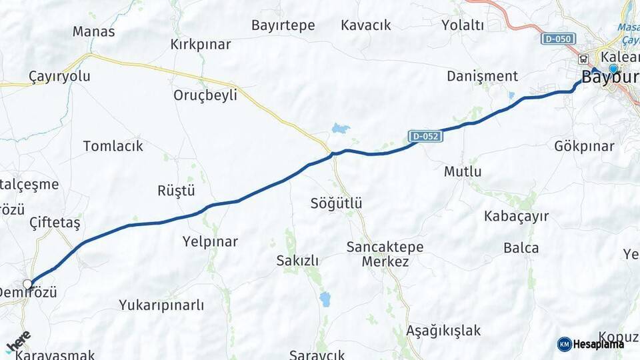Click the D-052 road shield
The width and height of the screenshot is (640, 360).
(x=425, y=137)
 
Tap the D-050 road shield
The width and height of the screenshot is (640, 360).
(x=557, y=39)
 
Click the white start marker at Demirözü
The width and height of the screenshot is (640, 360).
(x=28, y=284)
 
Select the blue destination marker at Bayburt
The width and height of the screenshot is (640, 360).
(x=613, y=68)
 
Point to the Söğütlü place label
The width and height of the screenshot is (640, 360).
(x=336, y=203)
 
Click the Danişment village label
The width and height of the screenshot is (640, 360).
(x=482, y=76)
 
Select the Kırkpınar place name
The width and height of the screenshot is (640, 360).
(x=201, y=45)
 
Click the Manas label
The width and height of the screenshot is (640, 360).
(x=93, y=31)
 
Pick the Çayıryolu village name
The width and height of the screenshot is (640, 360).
(x=59, y=76)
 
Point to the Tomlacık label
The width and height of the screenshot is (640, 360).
(x=113, y=146)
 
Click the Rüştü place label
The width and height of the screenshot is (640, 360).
(x=176, y=191)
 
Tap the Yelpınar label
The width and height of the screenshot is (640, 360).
(x=210, y=241)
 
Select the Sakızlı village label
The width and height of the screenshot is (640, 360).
(x=297, y=261)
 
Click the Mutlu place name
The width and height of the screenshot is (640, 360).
(x=463, y=171)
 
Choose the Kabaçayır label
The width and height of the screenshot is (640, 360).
(x=517, y=216)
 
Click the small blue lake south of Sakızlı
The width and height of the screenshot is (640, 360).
(x=325, y=299)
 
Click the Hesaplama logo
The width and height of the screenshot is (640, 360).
(x=591, y=344)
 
